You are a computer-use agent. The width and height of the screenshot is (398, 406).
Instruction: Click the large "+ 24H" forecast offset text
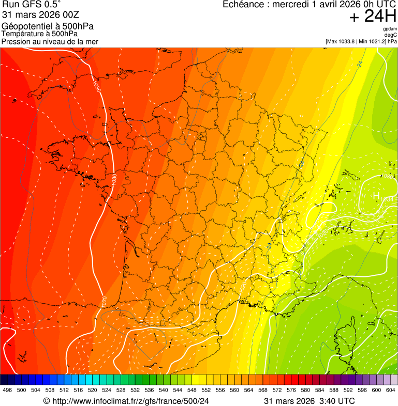tap(373, 17)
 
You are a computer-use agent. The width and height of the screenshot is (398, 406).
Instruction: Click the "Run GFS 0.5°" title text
tap(32, 5)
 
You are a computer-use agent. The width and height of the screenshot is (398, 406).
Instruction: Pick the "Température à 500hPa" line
tap(41, 34)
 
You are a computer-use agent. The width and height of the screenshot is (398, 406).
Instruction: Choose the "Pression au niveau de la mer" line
tap(50, 42)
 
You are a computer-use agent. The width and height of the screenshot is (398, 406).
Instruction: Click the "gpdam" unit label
tap(390, 29)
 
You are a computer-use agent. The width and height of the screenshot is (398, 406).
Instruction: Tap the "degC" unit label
tap(391, 35)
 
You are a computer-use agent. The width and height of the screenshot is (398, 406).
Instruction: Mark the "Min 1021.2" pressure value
tap(371, 41)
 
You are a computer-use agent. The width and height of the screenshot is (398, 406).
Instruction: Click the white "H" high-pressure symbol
tap(377, 196)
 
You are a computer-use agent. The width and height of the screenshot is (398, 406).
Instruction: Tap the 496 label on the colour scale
tap(7, 391)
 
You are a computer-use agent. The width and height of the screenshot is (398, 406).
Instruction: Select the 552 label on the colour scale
tap(205, 391)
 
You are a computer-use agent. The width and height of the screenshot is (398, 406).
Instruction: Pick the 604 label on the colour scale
tap(390, 391)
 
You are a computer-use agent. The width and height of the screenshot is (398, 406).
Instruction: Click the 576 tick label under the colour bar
tap(291, 391)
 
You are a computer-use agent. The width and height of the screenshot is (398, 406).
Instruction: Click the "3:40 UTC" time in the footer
tap(338, 401)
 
